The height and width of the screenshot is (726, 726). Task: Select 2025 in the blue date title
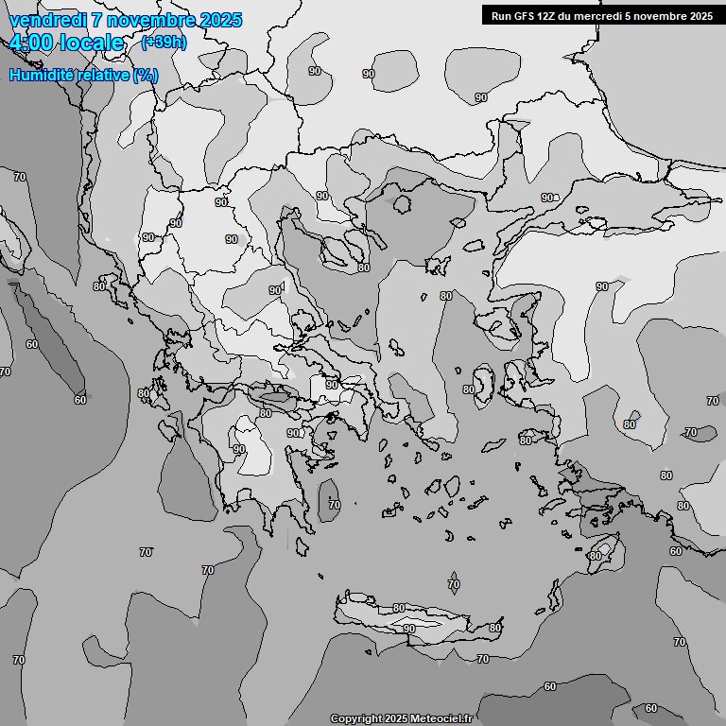tap(218, 20)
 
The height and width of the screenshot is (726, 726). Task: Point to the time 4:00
tap(31, 43)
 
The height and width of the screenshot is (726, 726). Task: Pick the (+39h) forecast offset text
tap(164, 42)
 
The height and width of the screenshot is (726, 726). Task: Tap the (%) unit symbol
tap(145, 75)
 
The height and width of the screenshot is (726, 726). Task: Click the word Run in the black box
tap(502, 15)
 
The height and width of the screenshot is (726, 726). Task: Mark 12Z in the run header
tap(549, 15)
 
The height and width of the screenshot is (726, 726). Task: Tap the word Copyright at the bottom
tap(355, 719)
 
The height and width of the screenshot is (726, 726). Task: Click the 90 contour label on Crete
tap(409, 629)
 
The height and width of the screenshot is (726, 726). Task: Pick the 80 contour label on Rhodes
tap(595, 556)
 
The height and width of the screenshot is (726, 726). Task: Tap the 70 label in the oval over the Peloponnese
tap(334, 506)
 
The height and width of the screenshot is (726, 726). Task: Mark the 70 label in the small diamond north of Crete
tap(454, 584)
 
